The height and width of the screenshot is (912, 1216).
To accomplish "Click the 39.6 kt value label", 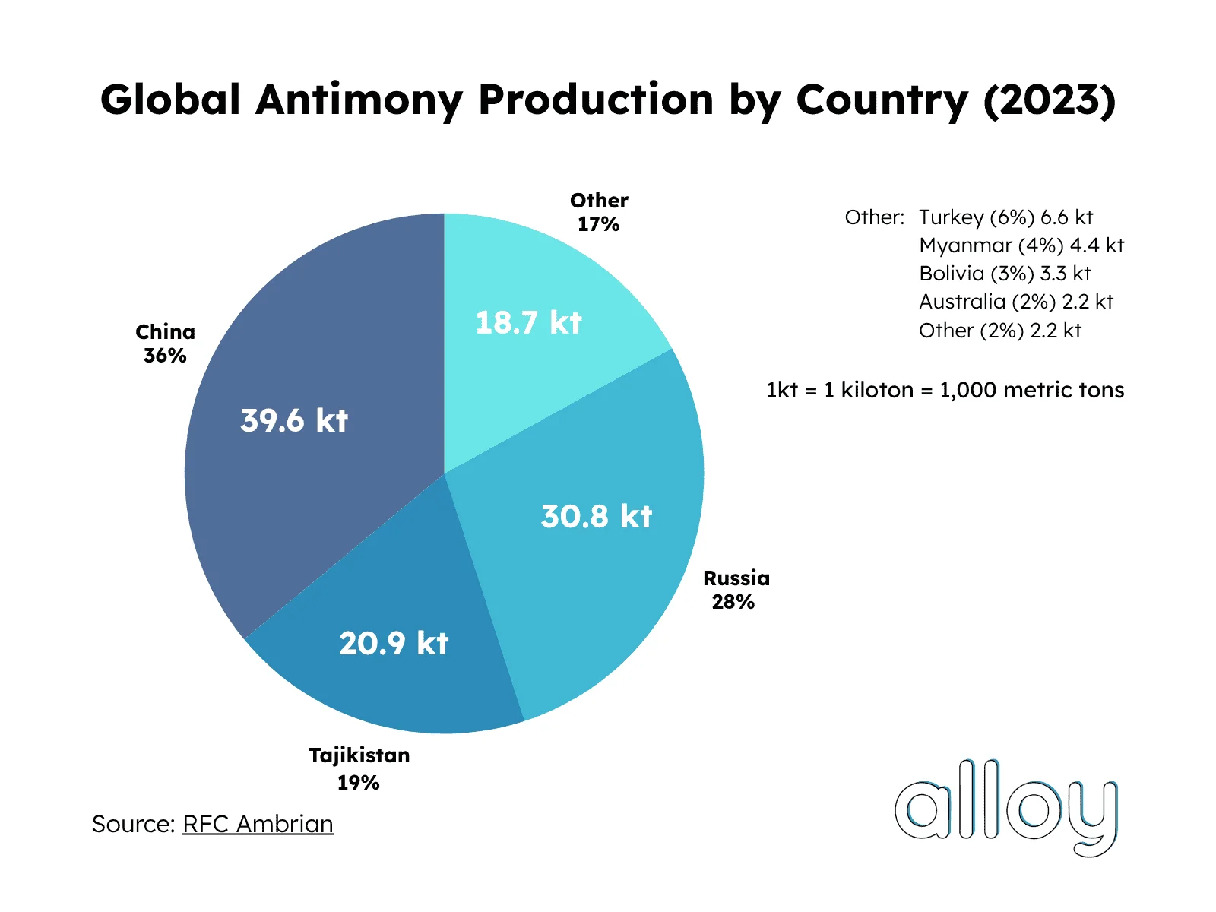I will (x=294, y=420).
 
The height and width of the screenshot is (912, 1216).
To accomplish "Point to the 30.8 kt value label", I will (x=597, y=516).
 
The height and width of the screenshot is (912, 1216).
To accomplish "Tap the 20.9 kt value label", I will (x=394, y=643).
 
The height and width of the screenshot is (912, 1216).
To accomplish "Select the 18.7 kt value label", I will (x=528, y=322).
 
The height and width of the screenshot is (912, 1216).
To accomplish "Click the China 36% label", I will (x=165, y=344).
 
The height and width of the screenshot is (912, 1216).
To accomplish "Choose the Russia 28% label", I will (x=736, y=590).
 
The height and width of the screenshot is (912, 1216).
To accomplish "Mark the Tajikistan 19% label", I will (x=359, y=768).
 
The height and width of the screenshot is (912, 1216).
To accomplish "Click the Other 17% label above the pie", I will (x=599, y=212).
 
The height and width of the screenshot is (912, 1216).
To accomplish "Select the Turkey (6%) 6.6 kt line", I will (x=1005, y=217).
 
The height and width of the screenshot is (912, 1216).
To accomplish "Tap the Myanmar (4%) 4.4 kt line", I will (x=1021, y=245).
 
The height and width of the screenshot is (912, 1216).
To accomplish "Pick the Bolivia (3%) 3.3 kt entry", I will (x=1005, y=274).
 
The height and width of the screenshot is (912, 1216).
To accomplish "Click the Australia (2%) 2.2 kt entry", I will (x=1015, y=302).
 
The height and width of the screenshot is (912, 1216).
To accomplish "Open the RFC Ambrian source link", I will (x=258, y=824).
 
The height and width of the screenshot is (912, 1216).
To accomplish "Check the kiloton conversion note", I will (x=945, y=390).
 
